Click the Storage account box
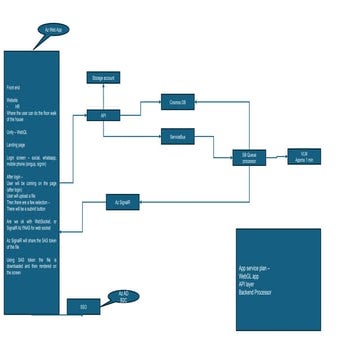pos(104,77)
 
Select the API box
pos(103,116)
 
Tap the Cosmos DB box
pos(178,102)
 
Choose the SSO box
pos(83,306)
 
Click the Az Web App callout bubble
pos(53,31)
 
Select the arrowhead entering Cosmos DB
pos(161,103)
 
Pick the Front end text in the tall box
pos(14,88)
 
